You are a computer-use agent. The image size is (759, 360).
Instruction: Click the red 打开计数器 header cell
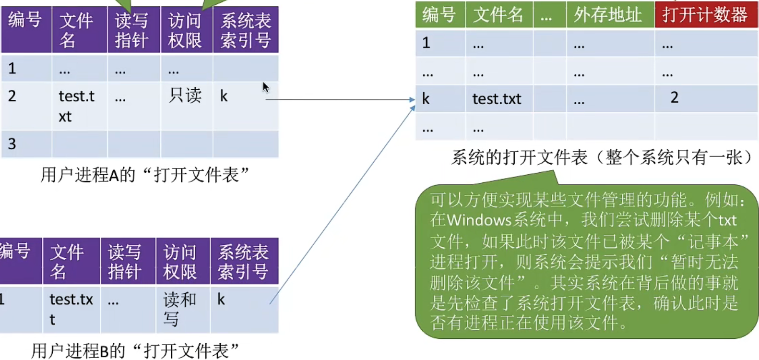coord(705,15)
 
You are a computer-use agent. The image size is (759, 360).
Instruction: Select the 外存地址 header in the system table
coord(608,15)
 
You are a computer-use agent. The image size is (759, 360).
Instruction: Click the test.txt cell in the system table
coord(497,99)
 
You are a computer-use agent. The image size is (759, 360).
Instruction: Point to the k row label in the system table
coord(426,99)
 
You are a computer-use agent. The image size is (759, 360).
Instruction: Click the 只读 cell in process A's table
coord(185,96)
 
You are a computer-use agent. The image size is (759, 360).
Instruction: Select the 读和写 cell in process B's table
coord(179,309)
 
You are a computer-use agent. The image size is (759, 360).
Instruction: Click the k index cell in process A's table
coord(224,96)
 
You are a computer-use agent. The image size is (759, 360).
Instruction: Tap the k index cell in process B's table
coord(221,300)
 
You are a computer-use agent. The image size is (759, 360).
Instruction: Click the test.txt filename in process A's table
coord(76,106)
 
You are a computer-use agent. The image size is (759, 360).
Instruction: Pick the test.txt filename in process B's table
coord(71,309)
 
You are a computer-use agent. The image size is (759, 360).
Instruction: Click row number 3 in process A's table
coord(12,144)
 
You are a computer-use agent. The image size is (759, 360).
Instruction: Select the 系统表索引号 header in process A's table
coord(245,30)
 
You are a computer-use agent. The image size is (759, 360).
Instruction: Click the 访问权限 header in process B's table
coord(180,262)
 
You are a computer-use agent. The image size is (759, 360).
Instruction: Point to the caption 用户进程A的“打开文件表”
coord(144,175)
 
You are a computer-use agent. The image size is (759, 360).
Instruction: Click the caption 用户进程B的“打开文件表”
coord(135,351)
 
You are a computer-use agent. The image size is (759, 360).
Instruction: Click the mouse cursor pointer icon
coord(265,87)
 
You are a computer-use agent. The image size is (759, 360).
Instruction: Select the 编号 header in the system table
coord(439,15)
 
